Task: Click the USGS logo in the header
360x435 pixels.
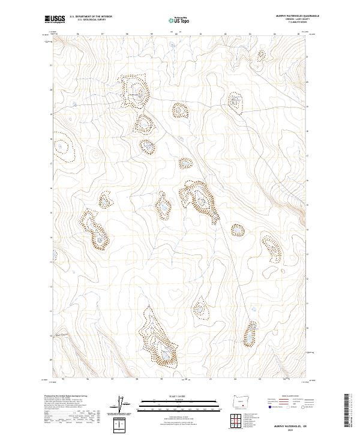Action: click(55, 19)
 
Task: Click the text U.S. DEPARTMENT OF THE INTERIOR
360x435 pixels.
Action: click(91, 16)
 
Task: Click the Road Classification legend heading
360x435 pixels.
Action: click(285, 397)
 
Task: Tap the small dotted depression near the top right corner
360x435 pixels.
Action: click(261, 55)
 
